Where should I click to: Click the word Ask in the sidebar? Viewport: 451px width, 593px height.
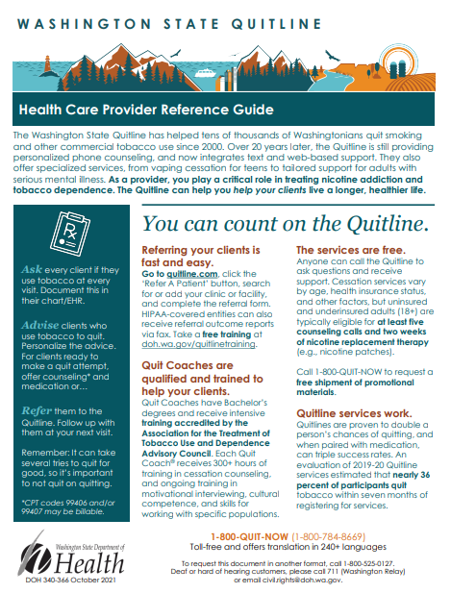tap(33, 271)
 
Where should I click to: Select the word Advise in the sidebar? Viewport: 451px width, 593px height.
tap(39, 324)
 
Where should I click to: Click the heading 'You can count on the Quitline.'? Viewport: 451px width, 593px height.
tap(286, 224)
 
